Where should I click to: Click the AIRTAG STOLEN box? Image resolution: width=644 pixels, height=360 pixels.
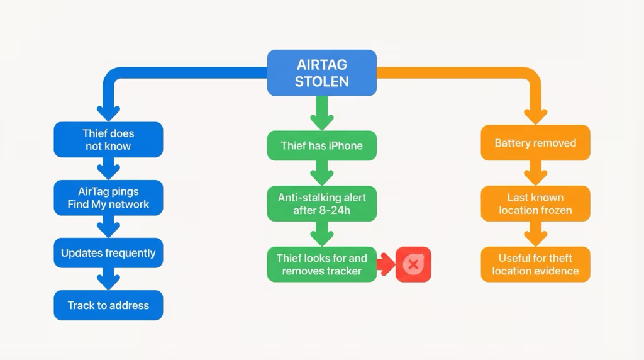(x=322, y=73)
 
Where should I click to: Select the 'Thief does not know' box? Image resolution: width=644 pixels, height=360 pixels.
(x=108, y=140)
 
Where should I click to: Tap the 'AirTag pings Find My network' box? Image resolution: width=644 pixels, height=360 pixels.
(x=108, y=198)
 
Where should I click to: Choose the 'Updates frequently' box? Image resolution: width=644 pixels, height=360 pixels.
(x=108, y=253)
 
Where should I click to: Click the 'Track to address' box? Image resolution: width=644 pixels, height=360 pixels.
(x=108, y=305)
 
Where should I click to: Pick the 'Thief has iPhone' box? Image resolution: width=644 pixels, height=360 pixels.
(x=322, y=145)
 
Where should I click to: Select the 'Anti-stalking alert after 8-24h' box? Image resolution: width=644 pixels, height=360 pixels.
(x=322, y=203)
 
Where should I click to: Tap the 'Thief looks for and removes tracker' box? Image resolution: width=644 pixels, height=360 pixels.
(x=322, y=264)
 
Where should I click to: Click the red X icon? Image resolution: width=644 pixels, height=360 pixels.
(x=413, y=264)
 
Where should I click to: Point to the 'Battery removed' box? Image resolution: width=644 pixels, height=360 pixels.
(x=535, y=143)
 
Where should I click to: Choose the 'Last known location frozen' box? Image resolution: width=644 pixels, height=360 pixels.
(x=535, y=203)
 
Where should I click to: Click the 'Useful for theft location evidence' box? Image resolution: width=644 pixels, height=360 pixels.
(x=535, y=264)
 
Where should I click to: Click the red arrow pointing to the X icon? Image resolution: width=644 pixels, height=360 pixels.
(x=386, y=264)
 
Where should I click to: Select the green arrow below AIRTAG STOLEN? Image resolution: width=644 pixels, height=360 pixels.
(x=322, y=113)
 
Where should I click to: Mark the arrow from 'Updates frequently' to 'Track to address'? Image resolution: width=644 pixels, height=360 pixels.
(x=108, y=279)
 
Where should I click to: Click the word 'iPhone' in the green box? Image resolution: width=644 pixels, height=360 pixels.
(x=345, y=145)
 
